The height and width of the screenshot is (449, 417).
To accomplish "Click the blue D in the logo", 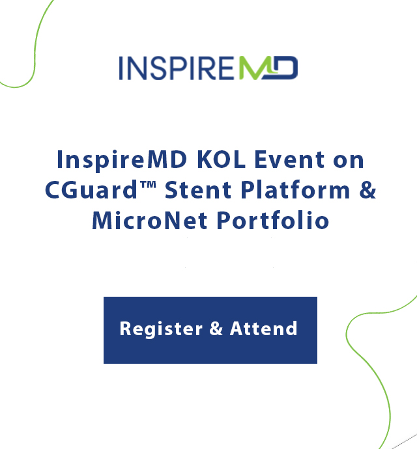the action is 283,68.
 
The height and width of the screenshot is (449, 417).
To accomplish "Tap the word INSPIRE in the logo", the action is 177,68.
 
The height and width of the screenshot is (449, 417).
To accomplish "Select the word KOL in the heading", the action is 221,159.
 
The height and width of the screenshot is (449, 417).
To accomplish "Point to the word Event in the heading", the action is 289,159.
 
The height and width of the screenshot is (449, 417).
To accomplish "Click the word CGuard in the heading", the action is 91,189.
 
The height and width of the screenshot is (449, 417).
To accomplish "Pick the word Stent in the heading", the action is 198,189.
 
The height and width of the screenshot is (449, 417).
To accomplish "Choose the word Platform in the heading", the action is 295,189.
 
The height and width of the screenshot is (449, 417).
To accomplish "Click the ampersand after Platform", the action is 367,189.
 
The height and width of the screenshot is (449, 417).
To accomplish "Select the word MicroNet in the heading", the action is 149,220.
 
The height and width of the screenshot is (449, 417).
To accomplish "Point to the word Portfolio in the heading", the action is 273,220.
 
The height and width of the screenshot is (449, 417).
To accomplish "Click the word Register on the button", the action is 161,329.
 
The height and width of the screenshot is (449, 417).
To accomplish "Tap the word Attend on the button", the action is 263,328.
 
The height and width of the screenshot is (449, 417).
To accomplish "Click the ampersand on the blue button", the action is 216,328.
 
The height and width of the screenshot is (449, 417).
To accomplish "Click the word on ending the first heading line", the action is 349,160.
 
